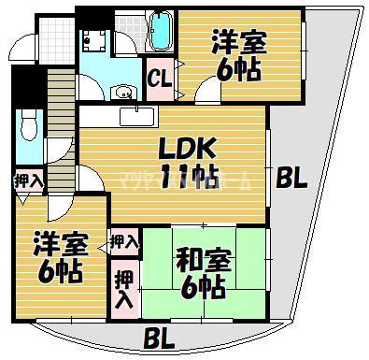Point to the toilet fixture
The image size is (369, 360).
tap(28, 127)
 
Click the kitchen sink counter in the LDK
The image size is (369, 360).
tap(141, 116)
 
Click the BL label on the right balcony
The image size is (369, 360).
tap(292, 180)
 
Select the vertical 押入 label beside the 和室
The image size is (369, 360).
tap(123, 289)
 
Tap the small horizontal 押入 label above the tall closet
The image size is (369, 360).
tap(123, 242)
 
